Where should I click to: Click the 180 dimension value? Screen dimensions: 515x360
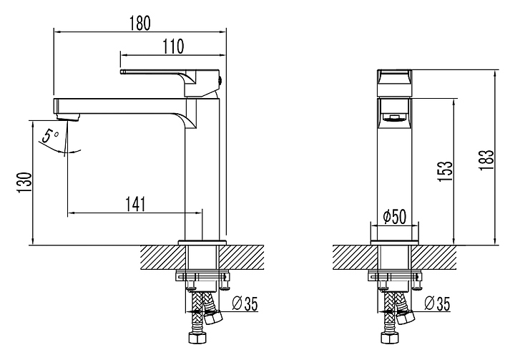coord(140,23)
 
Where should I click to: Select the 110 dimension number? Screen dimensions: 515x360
coord(173,47)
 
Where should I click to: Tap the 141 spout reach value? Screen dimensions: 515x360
coord(135,204)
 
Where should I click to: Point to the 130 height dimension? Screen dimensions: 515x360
coord(25,183)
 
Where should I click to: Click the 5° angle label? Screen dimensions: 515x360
coord(50,136)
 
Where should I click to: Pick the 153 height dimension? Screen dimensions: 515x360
coord(445,170)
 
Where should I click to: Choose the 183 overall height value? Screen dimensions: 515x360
coord(486,160)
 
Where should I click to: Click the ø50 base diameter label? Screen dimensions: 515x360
coord(395,217)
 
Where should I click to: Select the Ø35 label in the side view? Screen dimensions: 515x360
coord(245,303)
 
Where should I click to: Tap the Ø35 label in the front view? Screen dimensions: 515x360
coord(437,303)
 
